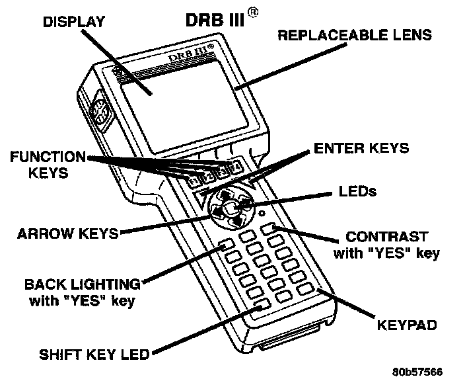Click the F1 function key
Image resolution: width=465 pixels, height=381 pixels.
194,180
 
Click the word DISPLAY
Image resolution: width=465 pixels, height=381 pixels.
74,22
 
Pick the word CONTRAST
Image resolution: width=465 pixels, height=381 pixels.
387,236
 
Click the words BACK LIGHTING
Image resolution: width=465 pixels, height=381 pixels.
83,285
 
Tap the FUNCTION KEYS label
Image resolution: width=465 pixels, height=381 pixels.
47,164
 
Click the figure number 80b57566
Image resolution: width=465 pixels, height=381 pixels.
418,371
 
